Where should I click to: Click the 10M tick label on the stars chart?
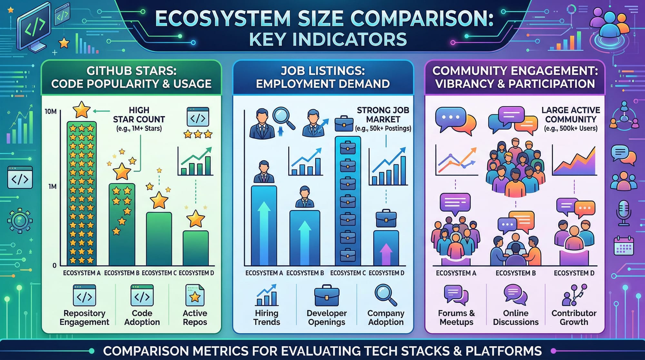point(51,112)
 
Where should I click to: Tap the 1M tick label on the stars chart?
point(52,186)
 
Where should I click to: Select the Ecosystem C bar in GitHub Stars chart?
point(159,239)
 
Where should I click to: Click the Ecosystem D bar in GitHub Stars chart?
point(195,248)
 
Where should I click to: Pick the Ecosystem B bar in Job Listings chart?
point(305,238)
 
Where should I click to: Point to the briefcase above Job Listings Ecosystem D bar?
point(386,218)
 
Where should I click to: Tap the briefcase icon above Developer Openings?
point(327,295)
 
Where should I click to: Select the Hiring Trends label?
point(267,317)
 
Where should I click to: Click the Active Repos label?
point(195,317)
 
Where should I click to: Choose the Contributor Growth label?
point(574,317)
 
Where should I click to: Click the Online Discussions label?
point(516,317)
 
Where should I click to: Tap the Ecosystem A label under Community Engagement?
point(456,273)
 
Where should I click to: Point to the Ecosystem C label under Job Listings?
point(348,273)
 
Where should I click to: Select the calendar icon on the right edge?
point(623,246)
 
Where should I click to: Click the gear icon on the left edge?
point(20,221)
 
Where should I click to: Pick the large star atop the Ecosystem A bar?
point(81,110)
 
